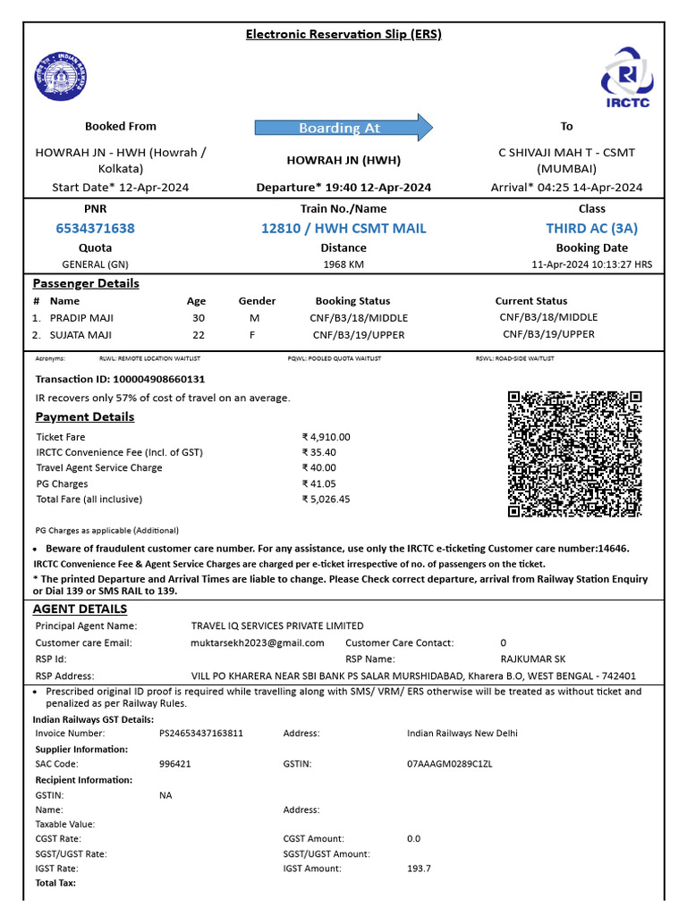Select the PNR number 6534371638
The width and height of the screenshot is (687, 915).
click(x=95, y=228)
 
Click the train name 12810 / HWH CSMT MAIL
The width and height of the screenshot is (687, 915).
click(x=343, y=228)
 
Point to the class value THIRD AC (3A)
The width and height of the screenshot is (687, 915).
click(x=591, y=228)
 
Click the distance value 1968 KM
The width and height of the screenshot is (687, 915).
click(x=343, y=264)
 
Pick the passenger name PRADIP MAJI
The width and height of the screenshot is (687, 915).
click(x=81, y=317)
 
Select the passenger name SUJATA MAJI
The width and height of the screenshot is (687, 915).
click(x=81, y=334)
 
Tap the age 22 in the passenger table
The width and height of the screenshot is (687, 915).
click(x=198, y=334)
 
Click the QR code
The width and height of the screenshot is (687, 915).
click(x=574, y=454)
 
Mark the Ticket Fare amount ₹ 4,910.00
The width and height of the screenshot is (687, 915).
click(x=327, y=437)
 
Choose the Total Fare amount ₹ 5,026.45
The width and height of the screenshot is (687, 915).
click(x=327, y=499)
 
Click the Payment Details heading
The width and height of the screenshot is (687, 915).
click(x=85, y=417)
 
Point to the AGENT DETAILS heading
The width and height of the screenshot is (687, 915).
click(x=80, y=609)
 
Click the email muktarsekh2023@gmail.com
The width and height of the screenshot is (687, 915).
click(x=258, y=642)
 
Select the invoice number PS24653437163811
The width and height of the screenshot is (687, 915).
click(x=201, y=734)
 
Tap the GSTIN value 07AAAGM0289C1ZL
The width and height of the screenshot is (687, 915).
click(x=449, y=764)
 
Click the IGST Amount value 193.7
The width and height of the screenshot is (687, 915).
click(x=419, y=869)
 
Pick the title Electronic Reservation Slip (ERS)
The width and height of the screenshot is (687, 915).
click(x=343, y=34)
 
